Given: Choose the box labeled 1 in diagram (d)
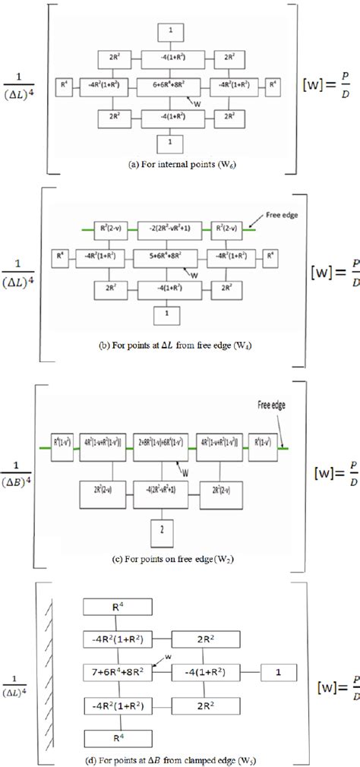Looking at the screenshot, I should [x=279, y=671].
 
